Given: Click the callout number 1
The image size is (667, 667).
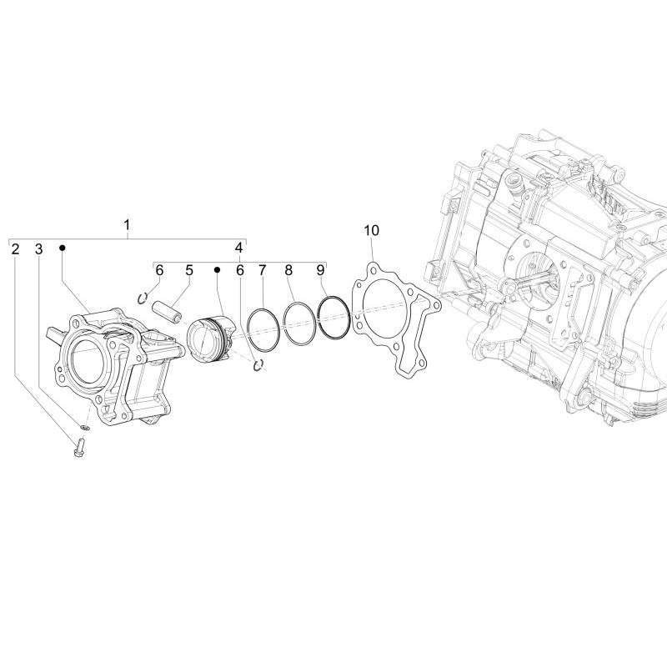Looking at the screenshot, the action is click(x=127, y=225).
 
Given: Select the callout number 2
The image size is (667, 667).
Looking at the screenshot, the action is click(x=15, y=249).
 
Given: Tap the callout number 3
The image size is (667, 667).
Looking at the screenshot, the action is click(x=38, y=249).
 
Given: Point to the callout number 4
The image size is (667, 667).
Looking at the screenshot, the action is click(x=239, y=248).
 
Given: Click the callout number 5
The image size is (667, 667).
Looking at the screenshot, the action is click(x=189, y=270).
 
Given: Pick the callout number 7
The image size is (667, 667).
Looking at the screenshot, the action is click(x=263, y=270).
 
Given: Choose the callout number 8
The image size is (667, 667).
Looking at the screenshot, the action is click(x=288, y=270).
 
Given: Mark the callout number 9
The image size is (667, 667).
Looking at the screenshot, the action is click(x=320, y=270).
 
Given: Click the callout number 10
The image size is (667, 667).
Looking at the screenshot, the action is click(x=371, y=231).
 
